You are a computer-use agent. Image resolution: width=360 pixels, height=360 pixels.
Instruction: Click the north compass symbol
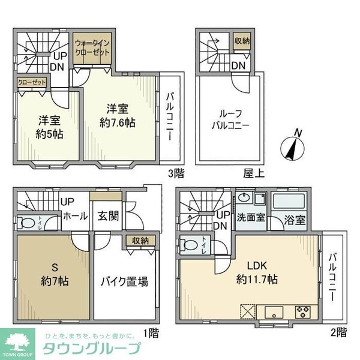292,146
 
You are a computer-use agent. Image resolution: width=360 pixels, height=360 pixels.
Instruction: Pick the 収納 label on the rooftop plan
241,41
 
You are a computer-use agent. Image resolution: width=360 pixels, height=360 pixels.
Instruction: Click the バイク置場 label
124,281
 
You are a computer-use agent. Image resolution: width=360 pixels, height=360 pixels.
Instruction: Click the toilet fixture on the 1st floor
28,223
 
